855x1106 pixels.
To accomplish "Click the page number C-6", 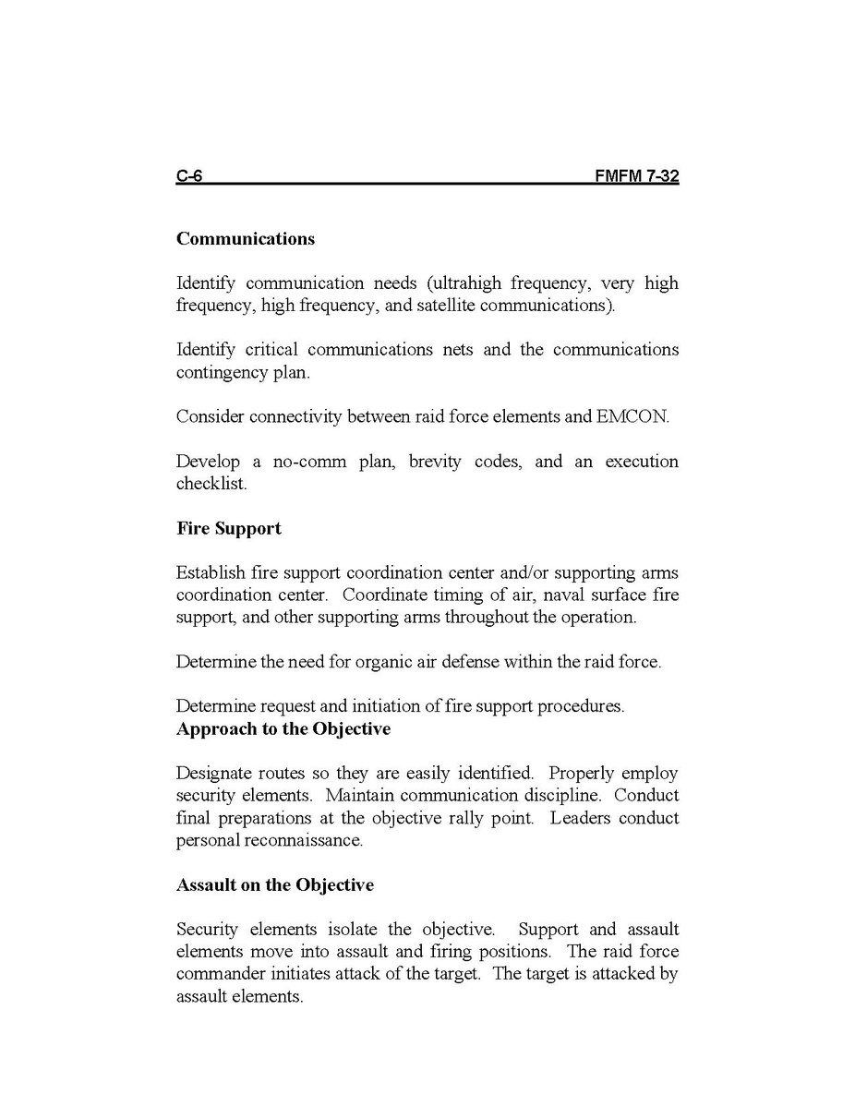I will (189, 176).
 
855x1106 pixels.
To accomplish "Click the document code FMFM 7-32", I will (637, 176).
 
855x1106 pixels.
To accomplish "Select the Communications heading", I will (246, 239).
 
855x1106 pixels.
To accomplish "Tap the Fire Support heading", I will (229, 529).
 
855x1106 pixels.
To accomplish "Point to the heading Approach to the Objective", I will (283, 729).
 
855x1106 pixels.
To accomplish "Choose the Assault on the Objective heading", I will (275, 885).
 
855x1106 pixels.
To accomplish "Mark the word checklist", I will (211, 484).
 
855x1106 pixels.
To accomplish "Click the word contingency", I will (221, 373).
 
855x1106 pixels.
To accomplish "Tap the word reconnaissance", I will (303, 841).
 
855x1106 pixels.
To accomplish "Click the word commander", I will (221, 975).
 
